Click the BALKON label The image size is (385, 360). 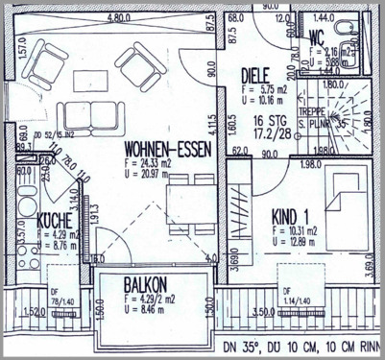[148, 284]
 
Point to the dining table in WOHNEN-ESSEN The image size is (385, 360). [183, 203]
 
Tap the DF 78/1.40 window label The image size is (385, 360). [61, 300]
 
